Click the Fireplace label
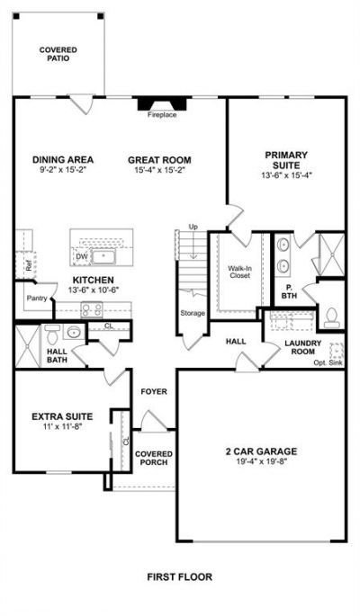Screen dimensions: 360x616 click(162, 115)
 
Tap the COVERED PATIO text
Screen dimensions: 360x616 click(58, 54)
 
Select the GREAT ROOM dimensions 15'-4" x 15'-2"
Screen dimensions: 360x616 click(159, 170)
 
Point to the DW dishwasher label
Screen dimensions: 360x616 click(81, 256)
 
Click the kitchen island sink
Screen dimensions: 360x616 click(103, 257)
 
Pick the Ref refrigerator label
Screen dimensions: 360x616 click(28, 265)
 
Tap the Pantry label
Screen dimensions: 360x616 click(37, 299)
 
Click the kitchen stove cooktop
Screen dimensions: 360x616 click(92, 309)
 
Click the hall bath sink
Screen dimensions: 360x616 click(74, 333)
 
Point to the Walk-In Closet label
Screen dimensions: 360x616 click(239, 272)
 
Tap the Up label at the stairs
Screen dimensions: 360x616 click(193, 227)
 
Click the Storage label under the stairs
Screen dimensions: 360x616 click(193, 313)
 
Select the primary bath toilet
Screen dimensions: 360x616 click(332, 317)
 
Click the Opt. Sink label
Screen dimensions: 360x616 click(328, 362)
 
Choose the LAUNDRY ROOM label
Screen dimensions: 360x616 click(303, 347)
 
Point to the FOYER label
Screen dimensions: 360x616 click(154, 392)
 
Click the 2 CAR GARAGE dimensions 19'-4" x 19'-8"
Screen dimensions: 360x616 click(261, 461)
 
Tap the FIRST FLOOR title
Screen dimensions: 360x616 click(180, 577)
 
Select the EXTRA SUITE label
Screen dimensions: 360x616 click(62, 416)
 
